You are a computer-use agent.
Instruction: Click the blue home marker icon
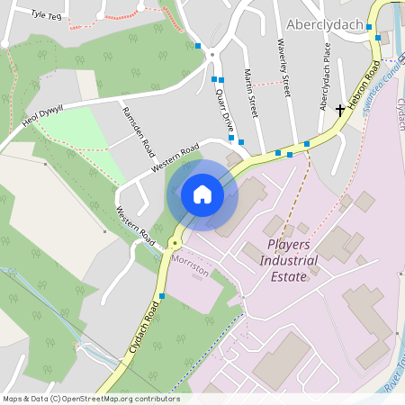coord(202,194)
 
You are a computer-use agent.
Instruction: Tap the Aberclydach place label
coord(325,22)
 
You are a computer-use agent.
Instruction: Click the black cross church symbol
coord(340,110)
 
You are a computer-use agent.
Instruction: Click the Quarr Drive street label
coord(225,112)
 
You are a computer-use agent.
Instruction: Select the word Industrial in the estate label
coord(288,260)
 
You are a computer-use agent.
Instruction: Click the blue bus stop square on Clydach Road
coord(162,295)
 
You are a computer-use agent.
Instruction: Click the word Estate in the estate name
coord(289,276)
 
